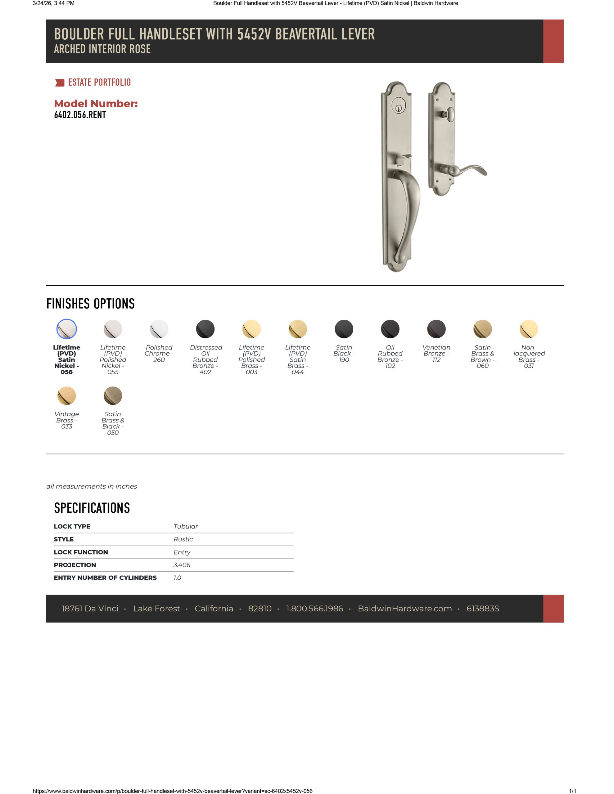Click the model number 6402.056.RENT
(80, 115)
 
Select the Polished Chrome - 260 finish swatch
(159, 329)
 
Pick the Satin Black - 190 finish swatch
(344, 329)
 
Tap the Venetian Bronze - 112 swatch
(436, 329)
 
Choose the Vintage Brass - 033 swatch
(67, 395)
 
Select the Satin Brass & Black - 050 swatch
(113, 395)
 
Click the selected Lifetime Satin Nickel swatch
(67, 329)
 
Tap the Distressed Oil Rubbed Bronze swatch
(205, 329)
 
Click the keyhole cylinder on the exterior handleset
(399, 108)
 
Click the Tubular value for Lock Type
(185, 526)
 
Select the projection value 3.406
(182, 565)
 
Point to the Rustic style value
(183, 539)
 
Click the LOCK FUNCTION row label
(81, 552)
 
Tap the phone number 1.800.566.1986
(314, 609)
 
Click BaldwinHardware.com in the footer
(405, 609)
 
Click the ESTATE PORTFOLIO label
(99, 83)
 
